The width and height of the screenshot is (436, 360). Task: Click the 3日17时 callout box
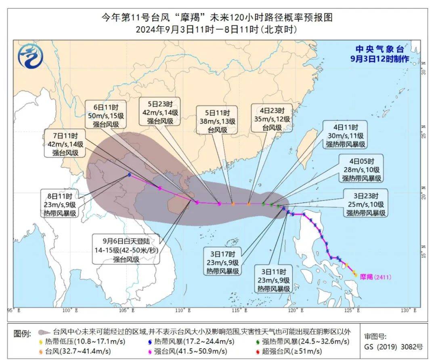click(222, 261)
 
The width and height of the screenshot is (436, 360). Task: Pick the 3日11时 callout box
click(274, 279)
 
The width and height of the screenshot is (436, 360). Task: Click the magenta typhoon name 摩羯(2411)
click(375, 277)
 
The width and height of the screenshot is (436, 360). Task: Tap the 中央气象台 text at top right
click(379, 49)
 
